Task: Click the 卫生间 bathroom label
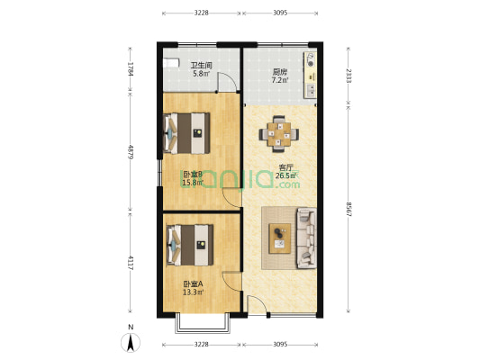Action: (x=201, y=66)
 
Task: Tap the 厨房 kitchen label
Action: (x=280, y=72)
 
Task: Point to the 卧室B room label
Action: (x=192, y=175)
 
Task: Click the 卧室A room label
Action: (x=192, y=283)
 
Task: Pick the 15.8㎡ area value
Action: (x=192, y=184)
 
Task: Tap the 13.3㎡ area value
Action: (x=193, y=292)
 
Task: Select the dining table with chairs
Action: (x=280, y=134)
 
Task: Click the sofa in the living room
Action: (x=306, y=238)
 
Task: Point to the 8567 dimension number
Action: (x=349, y=209)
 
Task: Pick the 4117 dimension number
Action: (x=131, y=264)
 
